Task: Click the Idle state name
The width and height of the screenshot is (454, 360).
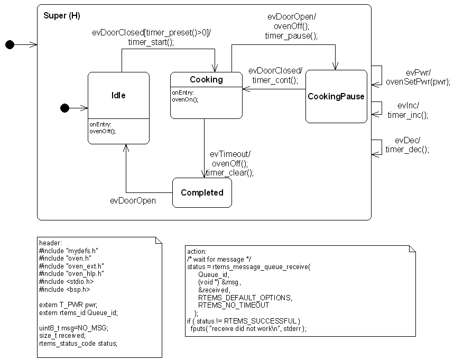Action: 118,95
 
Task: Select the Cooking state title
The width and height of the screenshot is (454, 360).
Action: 206,79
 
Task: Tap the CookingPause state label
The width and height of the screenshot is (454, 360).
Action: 336,96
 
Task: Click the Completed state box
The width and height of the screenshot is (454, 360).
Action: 202,193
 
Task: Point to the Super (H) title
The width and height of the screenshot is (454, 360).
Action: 61,16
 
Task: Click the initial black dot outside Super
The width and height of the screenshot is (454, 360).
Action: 10,45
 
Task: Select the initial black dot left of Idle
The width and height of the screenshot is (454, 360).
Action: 65,108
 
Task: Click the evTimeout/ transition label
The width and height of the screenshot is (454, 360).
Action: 230,154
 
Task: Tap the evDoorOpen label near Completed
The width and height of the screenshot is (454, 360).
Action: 133,200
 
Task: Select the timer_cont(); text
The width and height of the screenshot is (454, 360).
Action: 275,80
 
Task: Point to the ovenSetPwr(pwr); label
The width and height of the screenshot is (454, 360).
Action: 418,81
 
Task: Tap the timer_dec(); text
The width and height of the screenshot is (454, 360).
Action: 407,150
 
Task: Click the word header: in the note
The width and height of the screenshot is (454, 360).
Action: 51,242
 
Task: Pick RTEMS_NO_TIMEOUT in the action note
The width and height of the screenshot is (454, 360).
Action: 234,305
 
